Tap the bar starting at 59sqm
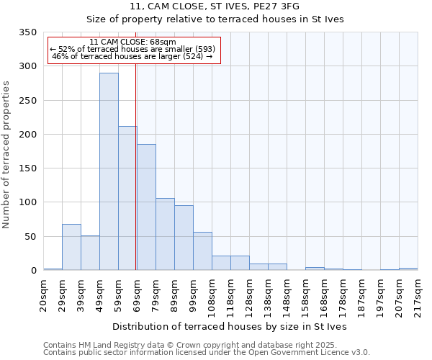point(127,198)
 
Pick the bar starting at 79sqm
point(165,234)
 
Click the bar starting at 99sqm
point(202,251)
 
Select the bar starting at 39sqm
point(90,253)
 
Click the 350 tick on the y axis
point(28,32)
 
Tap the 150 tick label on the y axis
point(28,168)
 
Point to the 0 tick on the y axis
point(33,271)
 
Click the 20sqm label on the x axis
point(44,294)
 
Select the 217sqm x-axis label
point(418,295)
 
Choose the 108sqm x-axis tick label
point(212,295)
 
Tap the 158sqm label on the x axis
point(306,295)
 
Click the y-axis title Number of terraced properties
point(7,154)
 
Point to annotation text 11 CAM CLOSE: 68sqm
point(133,42)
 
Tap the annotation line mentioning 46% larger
point(133,56)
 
